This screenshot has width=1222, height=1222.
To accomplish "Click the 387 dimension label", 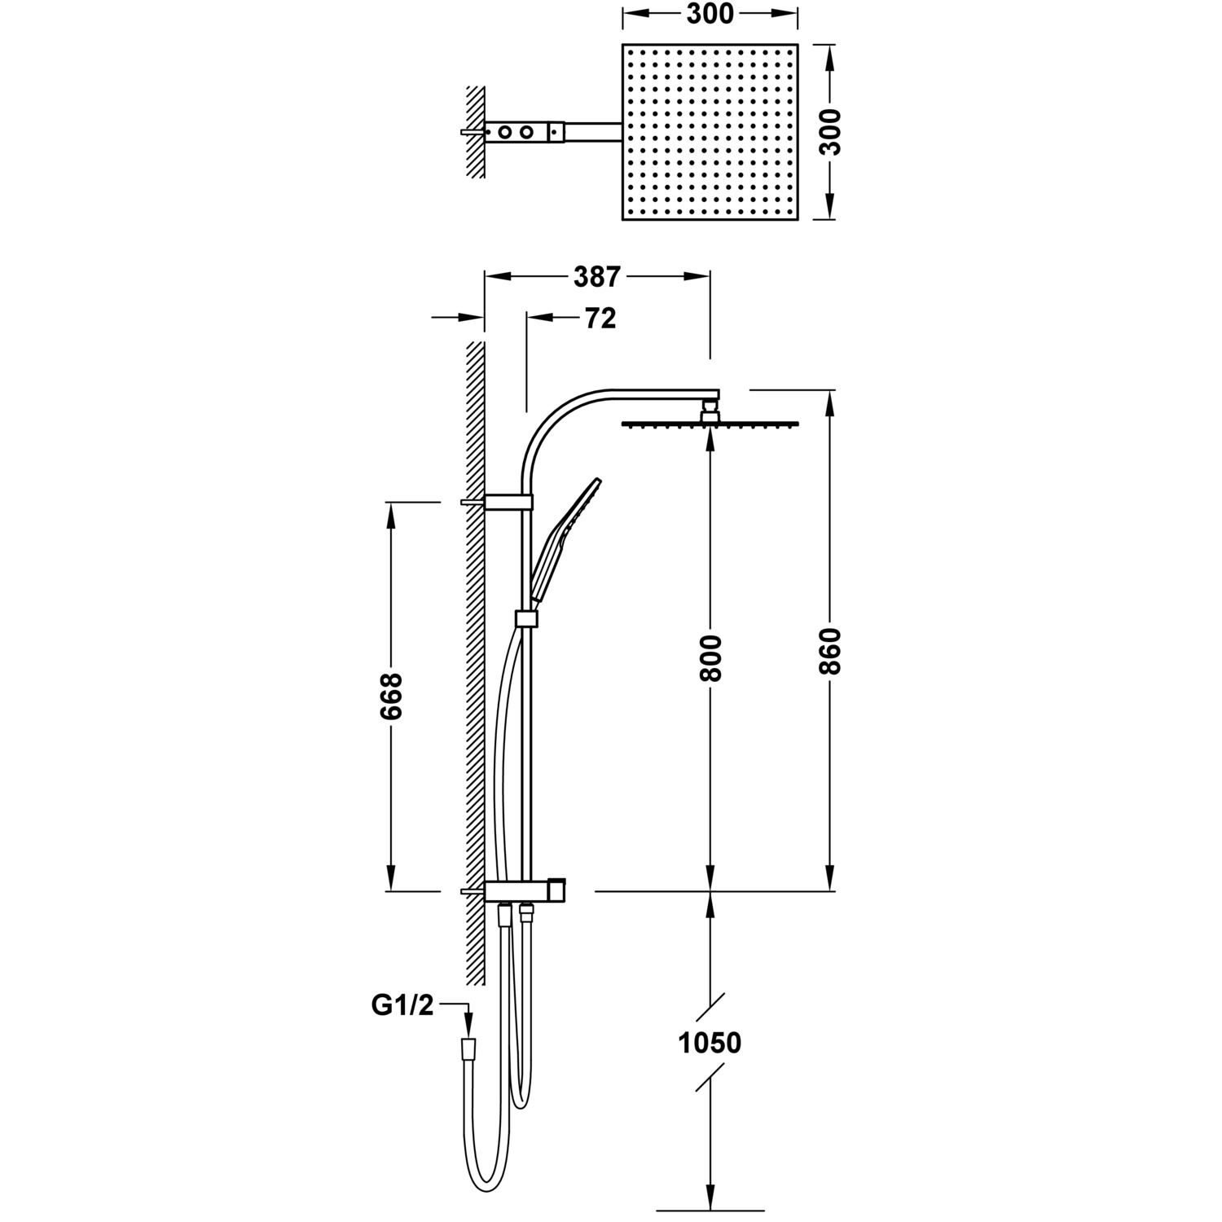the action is point(597,277).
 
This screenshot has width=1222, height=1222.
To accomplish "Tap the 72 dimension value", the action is point(600,319).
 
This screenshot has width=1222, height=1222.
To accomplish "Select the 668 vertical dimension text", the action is point(391,696).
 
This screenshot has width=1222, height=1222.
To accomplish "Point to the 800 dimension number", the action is point(710,657).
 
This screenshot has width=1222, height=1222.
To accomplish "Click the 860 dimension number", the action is point(829,650).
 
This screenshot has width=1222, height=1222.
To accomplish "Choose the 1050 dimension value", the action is point(710,1043).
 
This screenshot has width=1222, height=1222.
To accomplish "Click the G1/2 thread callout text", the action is point(402,1006).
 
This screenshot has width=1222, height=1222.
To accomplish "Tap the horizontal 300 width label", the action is point(710,14).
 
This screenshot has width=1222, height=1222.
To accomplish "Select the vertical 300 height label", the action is point(829,131).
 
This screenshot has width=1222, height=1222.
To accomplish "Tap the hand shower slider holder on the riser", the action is point(527,619).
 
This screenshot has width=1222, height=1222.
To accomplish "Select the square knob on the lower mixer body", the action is point(557,890).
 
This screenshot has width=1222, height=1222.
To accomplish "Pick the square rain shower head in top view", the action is point(710,131).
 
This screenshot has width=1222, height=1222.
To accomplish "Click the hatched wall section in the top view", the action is point(475,131).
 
